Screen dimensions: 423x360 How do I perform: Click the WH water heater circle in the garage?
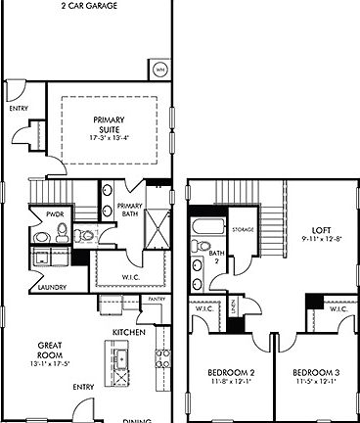tap(158, 69)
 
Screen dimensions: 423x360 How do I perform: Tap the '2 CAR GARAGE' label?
tap(90, 6)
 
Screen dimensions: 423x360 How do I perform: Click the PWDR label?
tap(40, 212)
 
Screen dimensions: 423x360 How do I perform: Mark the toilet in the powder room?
tap(62, 232)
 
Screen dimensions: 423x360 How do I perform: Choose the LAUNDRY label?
tap(40, 288)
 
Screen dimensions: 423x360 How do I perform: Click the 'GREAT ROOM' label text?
tap(51, 351)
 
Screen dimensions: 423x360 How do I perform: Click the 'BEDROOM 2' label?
tap(231, 373)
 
